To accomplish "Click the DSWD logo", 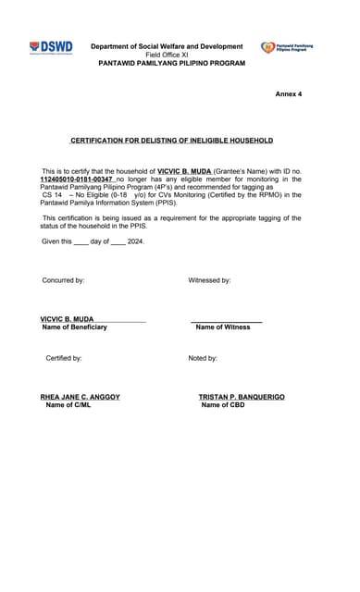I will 51,47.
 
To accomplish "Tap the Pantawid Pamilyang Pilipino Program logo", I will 293,46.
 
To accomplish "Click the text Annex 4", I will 288,94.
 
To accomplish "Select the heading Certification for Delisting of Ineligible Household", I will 172,141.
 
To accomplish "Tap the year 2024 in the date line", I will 134,241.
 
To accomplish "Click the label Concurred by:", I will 63,280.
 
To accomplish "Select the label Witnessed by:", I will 209,280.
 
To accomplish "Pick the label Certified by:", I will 64,358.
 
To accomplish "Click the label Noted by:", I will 203,358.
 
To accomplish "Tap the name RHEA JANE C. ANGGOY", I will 80,397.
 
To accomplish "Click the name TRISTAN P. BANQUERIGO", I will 242,397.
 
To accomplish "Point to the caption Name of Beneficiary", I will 74,327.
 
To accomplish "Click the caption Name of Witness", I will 222,327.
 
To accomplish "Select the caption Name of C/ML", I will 68,405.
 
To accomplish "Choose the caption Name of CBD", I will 223,405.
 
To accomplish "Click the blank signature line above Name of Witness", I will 226,320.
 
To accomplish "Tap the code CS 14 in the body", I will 52,196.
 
